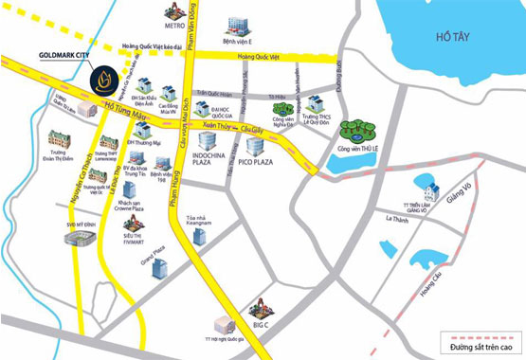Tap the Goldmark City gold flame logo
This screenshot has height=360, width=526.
click(x=101, y=79)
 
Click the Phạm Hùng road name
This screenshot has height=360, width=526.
click(x=173, y=217)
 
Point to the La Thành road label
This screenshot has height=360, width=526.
click(x=395, y=218)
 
